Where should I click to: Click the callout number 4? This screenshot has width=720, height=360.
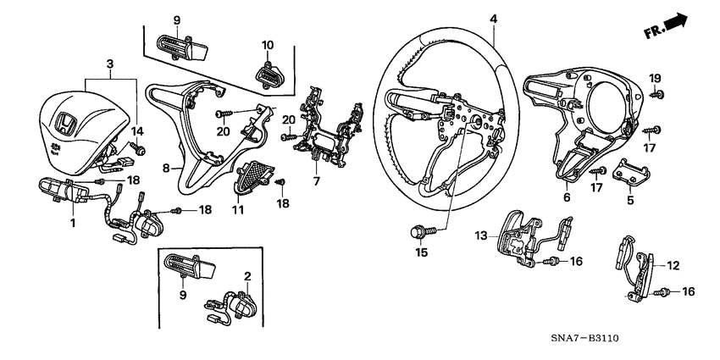pyautogui.click(x=493, y=19)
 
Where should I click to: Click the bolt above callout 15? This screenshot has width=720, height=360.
pyautogui.click(x=421, y=229)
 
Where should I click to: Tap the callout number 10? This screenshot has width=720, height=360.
pyautogui.click(x=267, y=44)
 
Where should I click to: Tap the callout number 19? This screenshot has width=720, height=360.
pyautogui.click(x=655, y=79)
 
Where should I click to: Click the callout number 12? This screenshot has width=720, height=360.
pyautogui.click(x=673, y=265)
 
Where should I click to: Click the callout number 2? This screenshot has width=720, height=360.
pyautogui.click(x=248, y=275)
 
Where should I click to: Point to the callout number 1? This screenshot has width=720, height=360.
pyautogui.click(x=73, y=223)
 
